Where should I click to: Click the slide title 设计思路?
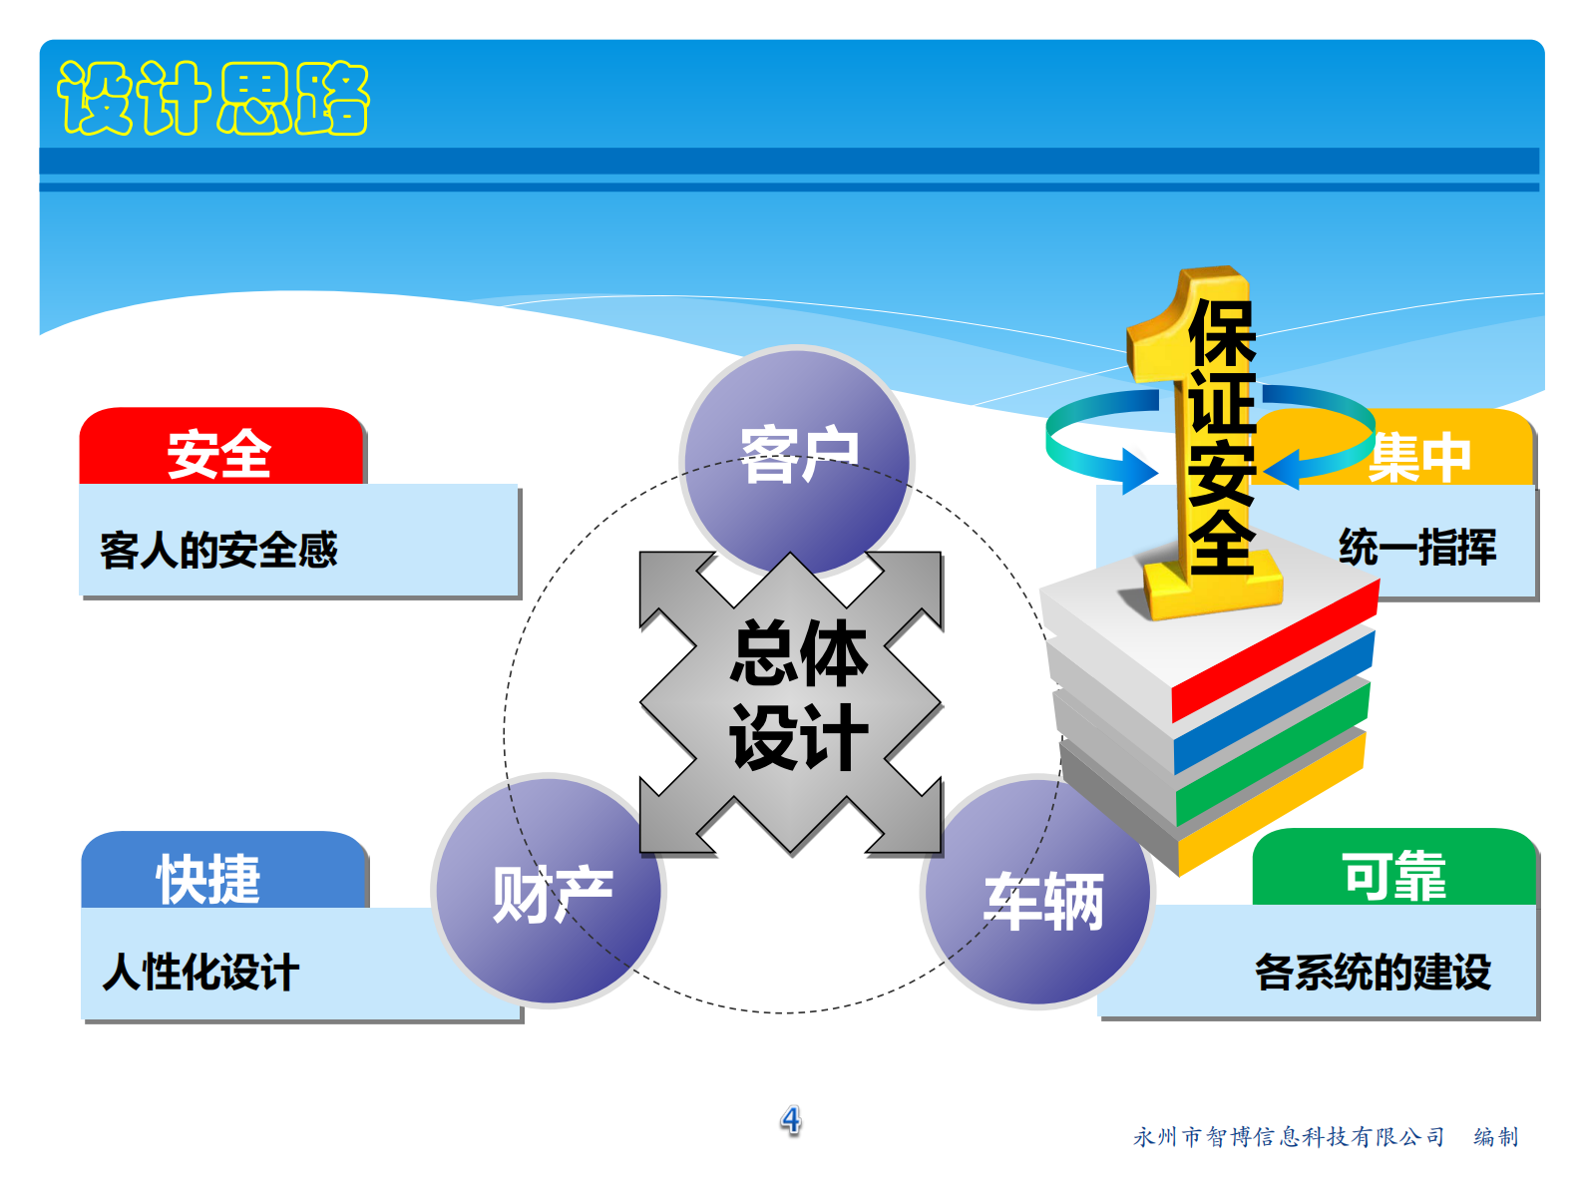(x=213, y=98)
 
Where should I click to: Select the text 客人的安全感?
(x=219, y=550)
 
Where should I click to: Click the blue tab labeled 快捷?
(x=209, y=879)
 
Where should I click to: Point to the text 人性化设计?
(x=200, y=973)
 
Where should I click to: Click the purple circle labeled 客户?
(x=798, y=455)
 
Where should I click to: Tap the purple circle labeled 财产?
(x=551, y=893)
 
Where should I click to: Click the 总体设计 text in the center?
(x=798, y=695)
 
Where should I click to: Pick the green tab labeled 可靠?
(x=1393, y=876)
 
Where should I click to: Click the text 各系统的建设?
(x=1373, y=972)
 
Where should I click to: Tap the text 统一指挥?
(x=1417, y=548)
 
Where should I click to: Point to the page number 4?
(x=791, y=1120)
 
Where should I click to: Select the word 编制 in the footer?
(x=1496, y=1137)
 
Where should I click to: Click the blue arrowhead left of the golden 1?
(x=1137, y=470)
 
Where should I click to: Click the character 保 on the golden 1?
(x=1221, y=333)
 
